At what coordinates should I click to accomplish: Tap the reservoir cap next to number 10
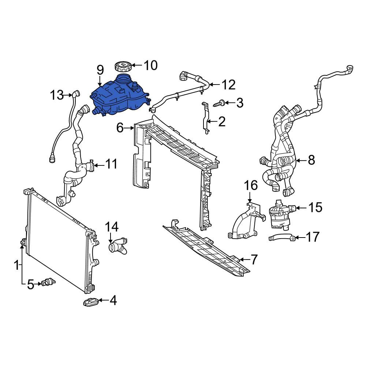click(x=123, y=67)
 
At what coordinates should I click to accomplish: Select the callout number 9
click(x=100, y=70)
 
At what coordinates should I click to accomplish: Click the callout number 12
click(x=229, y=85)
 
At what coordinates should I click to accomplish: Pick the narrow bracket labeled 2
click(x=205, y=118)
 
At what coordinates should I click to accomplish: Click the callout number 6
click(x=120, y=128)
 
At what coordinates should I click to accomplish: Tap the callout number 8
click(x=311, y=160)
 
